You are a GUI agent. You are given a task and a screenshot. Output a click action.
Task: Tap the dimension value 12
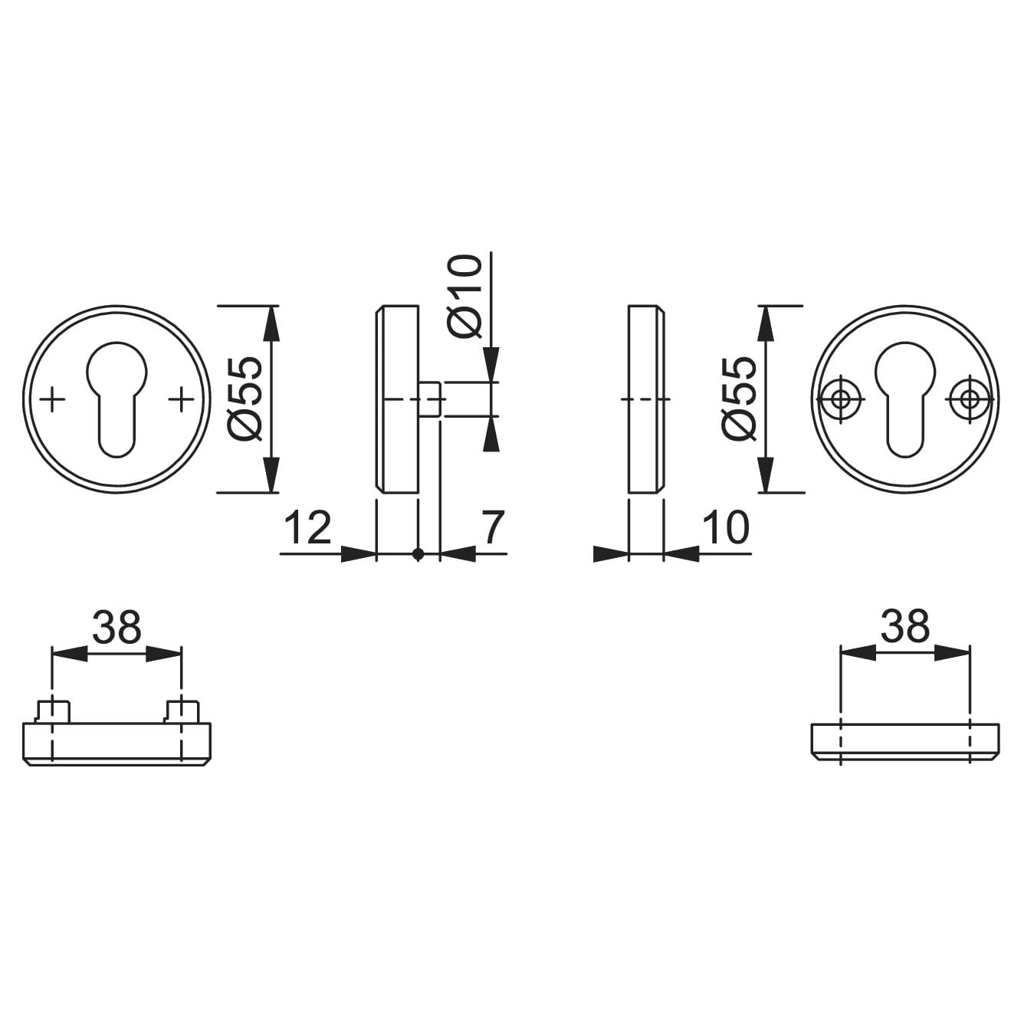pyautogui.click(x=308, y=527)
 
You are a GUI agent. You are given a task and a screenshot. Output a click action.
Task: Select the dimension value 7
pyautogui.click(x=492, y=527)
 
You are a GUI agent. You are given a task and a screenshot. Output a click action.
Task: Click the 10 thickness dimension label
pyautogui.click(x=725, y=527)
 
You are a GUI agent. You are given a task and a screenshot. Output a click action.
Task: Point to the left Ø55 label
pyautogui.click(x=245, y=399)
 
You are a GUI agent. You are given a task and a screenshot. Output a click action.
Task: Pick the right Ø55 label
pyautogui.click(x=739, y=399)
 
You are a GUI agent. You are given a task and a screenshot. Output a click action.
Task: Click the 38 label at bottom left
pyautogui.click(x=117, y=627)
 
